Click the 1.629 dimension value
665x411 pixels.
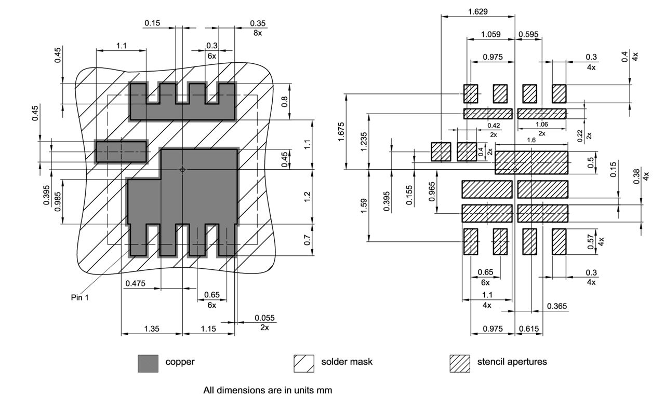477,11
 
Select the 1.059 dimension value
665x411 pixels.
491,35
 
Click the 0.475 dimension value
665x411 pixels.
135,283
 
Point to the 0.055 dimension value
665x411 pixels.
264,318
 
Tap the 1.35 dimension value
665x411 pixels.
151,329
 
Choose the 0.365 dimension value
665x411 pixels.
557,307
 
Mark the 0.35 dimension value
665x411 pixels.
258,23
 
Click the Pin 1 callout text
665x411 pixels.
79,297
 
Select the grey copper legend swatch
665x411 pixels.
148,363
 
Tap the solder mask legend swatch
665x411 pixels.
304,363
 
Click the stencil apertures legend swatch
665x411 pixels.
460,363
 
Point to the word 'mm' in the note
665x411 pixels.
325,390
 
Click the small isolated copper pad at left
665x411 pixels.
121,152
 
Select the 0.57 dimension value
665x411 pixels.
589,242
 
